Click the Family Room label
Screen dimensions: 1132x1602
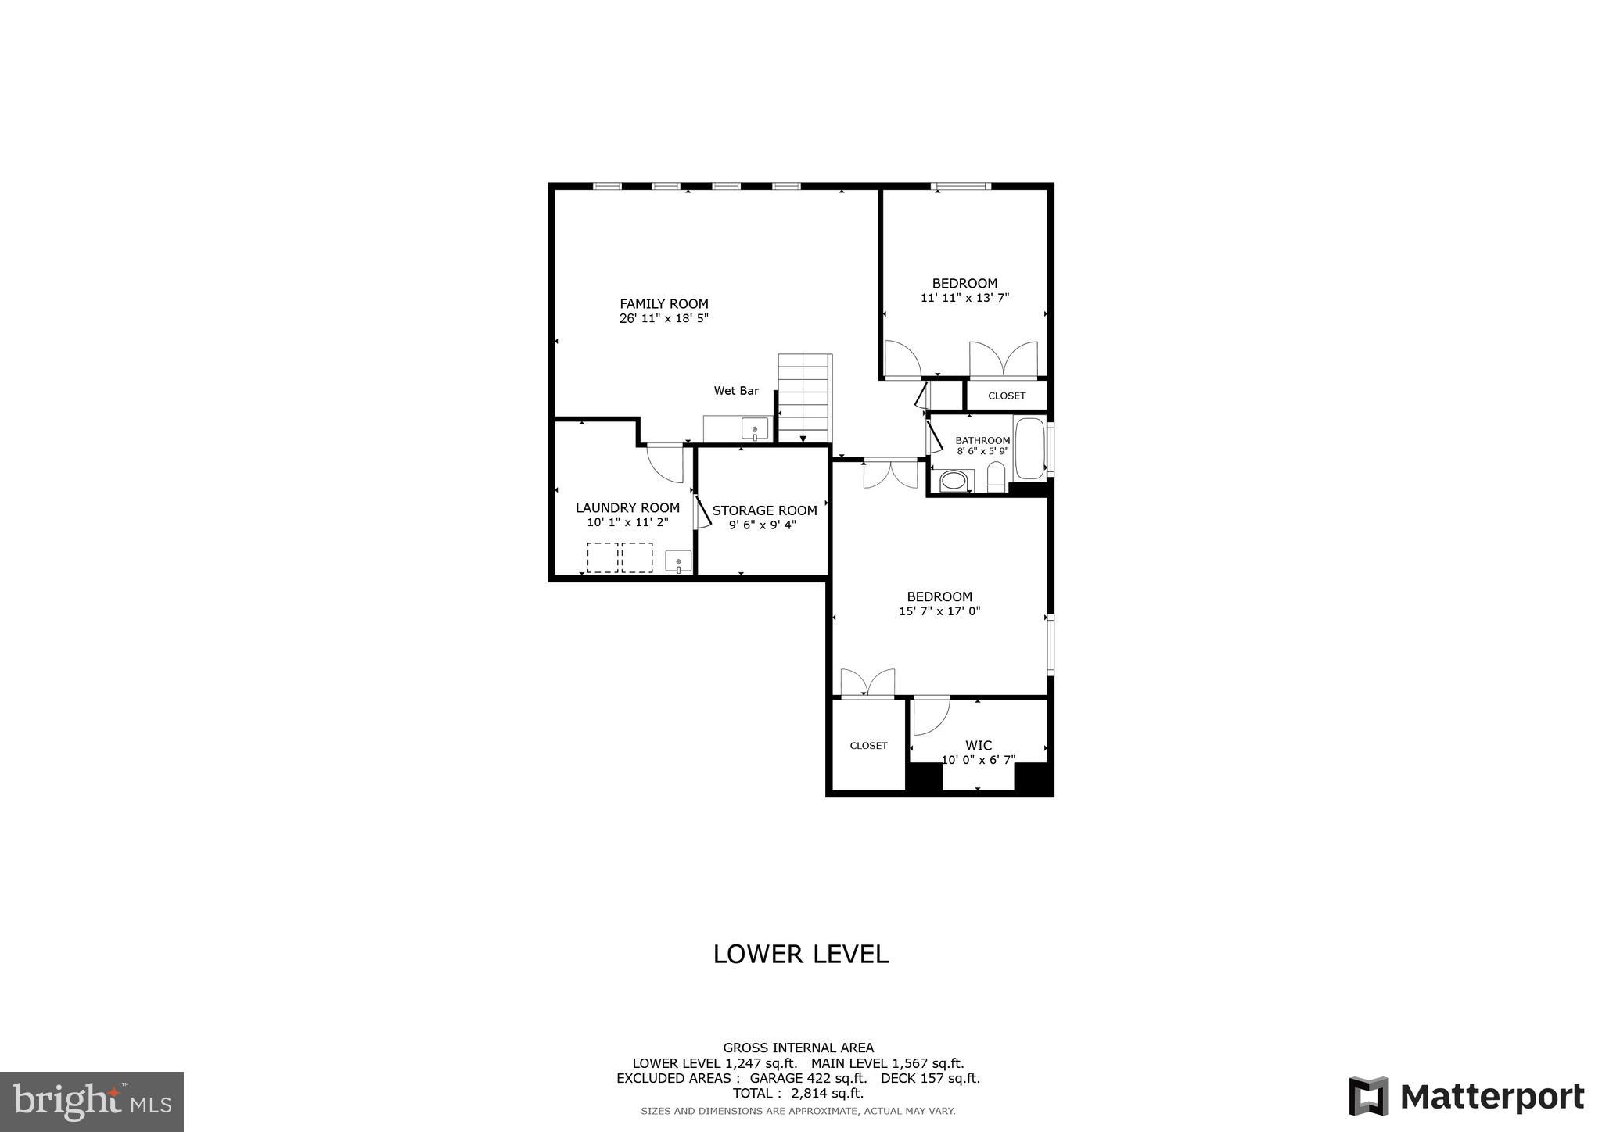click(663, 304)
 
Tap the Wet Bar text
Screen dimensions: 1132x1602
click(735, 391)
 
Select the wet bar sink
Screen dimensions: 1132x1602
click(754, 429)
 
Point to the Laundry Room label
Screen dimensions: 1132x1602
click(627, 508)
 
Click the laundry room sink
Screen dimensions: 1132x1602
click(677, 561)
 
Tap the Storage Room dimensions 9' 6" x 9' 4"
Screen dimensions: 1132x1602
click(762, 525)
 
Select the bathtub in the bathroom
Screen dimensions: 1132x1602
click(1029, 449)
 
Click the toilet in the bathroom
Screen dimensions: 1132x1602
click(996, 477)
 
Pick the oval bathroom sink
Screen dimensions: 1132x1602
click(953, 481)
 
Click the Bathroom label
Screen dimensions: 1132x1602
click(982, 441)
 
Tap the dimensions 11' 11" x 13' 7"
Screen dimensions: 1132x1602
click(964, 298)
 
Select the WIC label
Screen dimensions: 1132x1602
click(978, 746)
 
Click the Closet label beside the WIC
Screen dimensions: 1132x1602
click(868, 746)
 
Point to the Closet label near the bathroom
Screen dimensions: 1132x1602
click(1006, 396)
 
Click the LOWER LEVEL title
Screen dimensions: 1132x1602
click(800, 955)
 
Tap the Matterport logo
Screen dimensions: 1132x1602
click(1466, 1097)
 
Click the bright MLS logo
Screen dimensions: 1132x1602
click(92, 1102)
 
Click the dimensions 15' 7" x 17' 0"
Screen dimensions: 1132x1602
click(939, 611)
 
